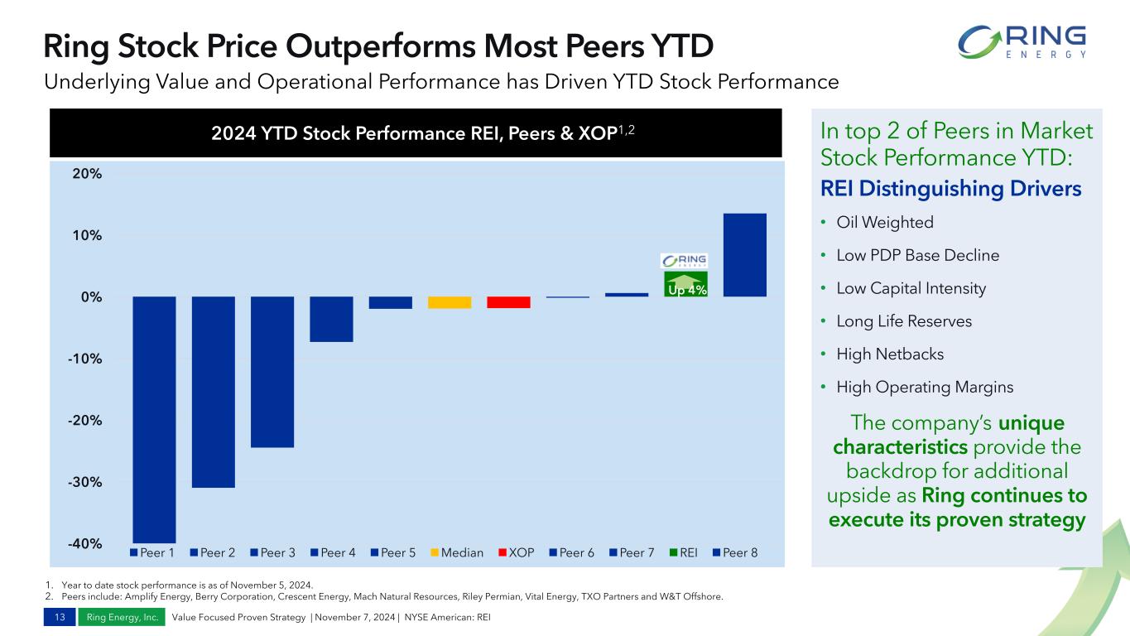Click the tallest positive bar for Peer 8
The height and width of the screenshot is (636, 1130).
[x=744, y=255]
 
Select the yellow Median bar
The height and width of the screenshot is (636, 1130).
[x=450, y=302]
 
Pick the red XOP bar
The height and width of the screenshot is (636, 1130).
[x=508, y=302]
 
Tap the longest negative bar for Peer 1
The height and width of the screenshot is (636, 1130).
[x=154, y=419]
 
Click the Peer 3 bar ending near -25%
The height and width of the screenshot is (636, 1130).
[x=272, y=372]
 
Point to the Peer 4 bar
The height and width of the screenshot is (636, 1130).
[x=331, y=319]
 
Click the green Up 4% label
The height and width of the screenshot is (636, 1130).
[x=686, y=290]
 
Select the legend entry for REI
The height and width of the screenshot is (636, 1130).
[x=683, y=552]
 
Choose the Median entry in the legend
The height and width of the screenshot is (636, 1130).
[x=456, y=552]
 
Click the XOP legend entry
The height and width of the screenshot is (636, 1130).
[x=515, y=552]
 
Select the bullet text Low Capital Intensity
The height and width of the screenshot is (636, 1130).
[x=911, y=288]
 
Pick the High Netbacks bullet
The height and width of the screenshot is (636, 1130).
[x=890, y=354]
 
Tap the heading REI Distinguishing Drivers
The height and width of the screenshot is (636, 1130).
[x=950, y=189]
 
